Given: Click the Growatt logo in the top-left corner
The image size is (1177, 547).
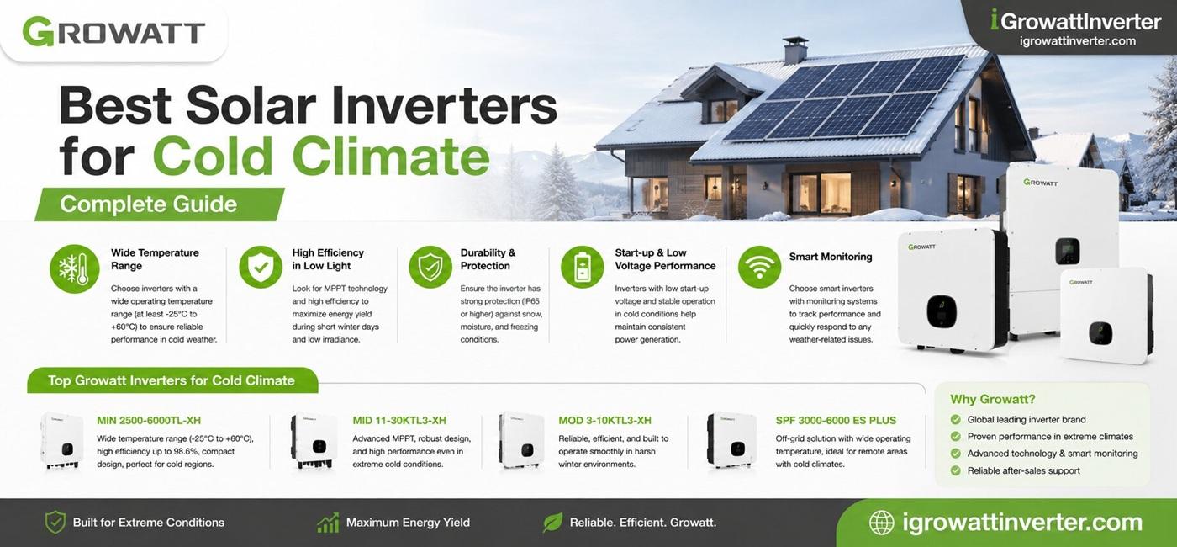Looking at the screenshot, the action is [113, 32].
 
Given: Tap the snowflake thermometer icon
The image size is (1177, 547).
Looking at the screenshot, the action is [75, 268].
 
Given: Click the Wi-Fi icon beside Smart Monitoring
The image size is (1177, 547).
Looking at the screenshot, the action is [759, 267].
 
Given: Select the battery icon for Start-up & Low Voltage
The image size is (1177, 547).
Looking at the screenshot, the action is [582, 267].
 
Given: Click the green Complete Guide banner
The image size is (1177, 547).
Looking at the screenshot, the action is [160, 204].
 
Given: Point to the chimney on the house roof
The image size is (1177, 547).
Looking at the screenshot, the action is [795, 51].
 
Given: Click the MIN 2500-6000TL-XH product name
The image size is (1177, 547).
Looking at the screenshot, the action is [149, 420].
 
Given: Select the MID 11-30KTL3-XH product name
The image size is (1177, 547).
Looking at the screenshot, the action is [399, 420].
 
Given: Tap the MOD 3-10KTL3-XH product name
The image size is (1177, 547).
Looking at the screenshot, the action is [604, 420].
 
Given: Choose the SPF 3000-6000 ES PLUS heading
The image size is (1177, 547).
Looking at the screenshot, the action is [836, 420].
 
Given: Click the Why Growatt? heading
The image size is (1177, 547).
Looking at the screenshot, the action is [993, 399].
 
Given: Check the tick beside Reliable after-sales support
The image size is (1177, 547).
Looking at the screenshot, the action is [956, 470].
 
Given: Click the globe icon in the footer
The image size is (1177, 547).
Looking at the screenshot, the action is [881, 523].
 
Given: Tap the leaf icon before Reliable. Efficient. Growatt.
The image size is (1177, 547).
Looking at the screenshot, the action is [552, 523].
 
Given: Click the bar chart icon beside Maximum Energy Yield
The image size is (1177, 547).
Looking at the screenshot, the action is [328, 523].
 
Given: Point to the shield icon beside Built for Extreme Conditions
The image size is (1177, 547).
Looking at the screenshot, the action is [55, 523].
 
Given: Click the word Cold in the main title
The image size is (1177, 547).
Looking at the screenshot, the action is [213, 156].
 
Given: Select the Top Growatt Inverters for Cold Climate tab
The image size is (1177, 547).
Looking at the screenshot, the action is [172, 380].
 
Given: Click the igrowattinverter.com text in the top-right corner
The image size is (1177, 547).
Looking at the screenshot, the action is [1078, 41].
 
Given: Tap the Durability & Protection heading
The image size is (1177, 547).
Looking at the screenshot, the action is [488, 259].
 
